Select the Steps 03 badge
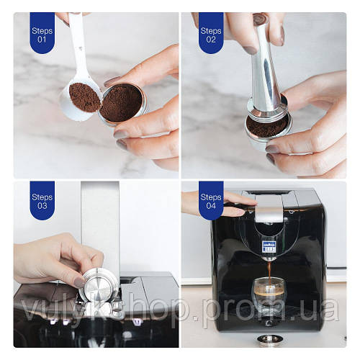(41, 200)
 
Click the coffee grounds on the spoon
(84, 97)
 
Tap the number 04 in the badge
(211, 207)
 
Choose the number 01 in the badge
(41, 40)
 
